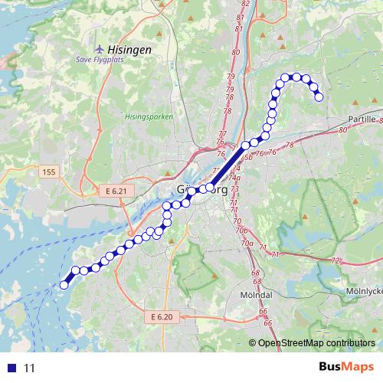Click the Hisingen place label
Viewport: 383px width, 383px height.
tap(127, 48)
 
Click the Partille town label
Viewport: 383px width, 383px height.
tap(362, 120)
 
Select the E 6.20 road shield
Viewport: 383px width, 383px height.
tap(162, 316)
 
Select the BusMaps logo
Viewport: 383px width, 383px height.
tap(349, 368)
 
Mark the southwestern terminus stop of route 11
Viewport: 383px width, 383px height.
tap(64, 285)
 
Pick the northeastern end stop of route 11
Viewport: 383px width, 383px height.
tap(319, 97)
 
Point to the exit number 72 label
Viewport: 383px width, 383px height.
tap(335, 261)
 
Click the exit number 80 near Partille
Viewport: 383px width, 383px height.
tap(342, 130)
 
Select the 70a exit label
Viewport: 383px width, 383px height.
tap(247, 243)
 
